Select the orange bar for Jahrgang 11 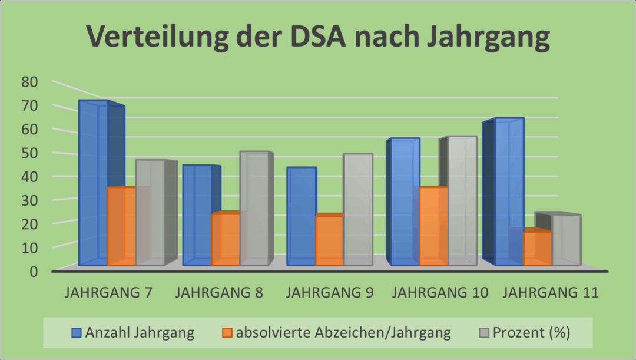pos(537,248)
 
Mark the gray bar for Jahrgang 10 pos(462,200)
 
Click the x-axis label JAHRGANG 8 pos(219,293)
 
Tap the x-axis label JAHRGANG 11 pos(552,293)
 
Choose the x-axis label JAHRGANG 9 pos(329,293)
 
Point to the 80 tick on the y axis pos(29,82)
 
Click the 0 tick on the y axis pos(34,272)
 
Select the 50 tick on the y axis pos(29,153)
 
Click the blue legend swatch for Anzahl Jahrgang pos(76,333)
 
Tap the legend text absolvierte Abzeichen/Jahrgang pos(343,333)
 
